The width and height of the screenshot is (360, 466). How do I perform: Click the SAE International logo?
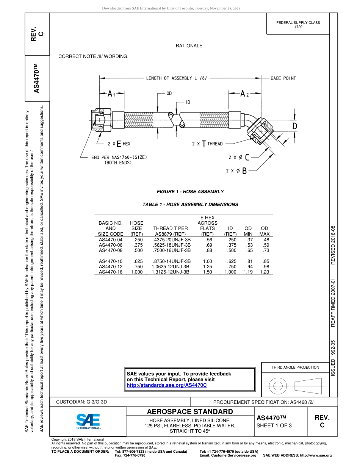pyautogui.click(x=88, y=421)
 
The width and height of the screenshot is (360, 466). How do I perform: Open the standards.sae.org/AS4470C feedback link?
pyautogui.click(x=166, y=385)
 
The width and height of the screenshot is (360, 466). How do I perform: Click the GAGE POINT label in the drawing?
pyautogui.click(x=283, y=78)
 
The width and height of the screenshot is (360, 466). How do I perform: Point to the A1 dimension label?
pyautogui.click(x=111, y=94)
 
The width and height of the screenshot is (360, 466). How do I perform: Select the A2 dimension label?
pyautogui.click(x=244, y=94)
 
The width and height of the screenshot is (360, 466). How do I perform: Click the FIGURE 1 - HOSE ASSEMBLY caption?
pyautogui.click(x=190, y=192)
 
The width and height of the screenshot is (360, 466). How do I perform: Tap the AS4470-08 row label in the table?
pyautogui.click(x=111, y=250)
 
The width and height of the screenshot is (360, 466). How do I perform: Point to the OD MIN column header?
pyautogui.click(x=248, y=231)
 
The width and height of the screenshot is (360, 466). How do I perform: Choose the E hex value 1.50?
pyautogui.click(x=207, y=272)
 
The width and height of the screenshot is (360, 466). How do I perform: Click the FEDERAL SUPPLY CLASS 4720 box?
pyautogui.click(x=298, y=25)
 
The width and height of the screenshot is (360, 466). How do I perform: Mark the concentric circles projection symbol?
pyautogui.click(x=279, y=386)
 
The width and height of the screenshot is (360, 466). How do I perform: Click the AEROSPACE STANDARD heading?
pyautogui.click(x=190, y=412)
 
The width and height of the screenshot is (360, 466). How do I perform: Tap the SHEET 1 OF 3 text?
pyautogui.click(x=274, y=425)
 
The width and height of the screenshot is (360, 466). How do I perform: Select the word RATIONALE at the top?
pyautogui.click(x=189, y=46)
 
